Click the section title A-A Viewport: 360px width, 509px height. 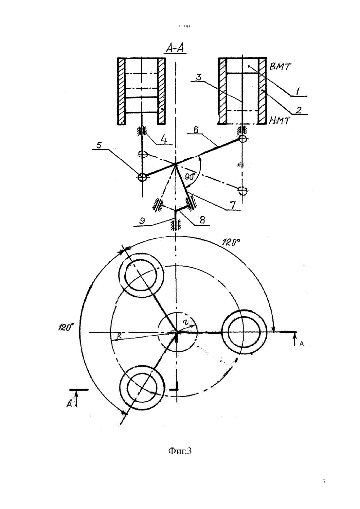click(175, 48)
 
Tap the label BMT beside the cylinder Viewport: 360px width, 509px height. click(280, 67)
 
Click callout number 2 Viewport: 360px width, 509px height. click(298, 110)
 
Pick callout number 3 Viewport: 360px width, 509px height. click(198, 77)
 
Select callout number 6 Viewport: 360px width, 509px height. click(196, 130)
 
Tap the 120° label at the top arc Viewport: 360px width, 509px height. click(231, 242)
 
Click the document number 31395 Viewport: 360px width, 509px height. click(184, 26)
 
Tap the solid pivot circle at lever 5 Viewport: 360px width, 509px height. click(142, 177)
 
